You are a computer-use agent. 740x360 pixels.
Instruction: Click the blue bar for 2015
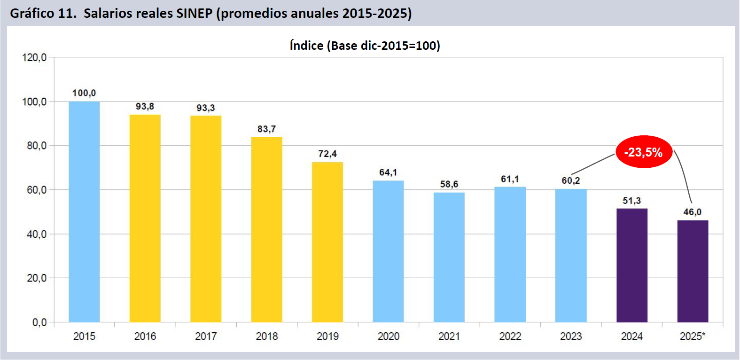point(84,211)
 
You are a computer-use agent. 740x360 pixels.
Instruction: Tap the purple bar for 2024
point(631,265)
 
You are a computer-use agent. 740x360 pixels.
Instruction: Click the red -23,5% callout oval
point(643,152)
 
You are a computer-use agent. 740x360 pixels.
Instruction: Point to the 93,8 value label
point(145,107)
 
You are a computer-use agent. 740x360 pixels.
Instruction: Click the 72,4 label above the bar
point(327,154)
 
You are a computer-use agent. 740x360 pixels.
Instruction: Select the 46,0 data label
point(692,212)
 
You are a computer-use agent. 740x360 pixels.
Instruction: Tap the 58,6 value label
point(449,184)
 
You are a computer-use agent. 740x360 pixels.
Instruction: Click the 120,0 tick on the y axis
point(34,58)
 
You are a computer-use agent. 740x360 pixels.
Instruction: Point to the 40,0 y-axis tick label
point(36,234)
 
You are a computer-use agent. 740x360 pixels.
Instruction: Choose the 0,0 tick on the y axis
point(39,322)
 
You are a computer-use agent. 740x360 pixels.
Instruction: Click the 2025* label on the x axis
point(692,337)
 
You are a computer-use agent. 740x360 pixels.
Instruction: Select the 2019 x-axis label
point(327,337)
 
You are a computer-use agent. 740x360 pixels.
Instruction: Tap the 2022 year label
point(510,337)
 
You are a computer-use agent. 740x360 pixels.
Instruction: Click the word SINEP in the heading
point(194,13)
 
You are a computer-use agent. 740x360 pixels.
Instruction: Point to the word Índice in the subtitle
point(306,46)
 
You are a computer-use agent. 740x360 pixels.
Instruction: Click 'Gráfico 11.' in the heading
point(43,13)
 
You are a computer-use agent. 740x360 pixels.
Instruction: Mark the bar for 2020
point(388,251)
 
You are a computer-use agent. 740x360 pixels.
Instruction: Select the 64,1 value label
point(388,172)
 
